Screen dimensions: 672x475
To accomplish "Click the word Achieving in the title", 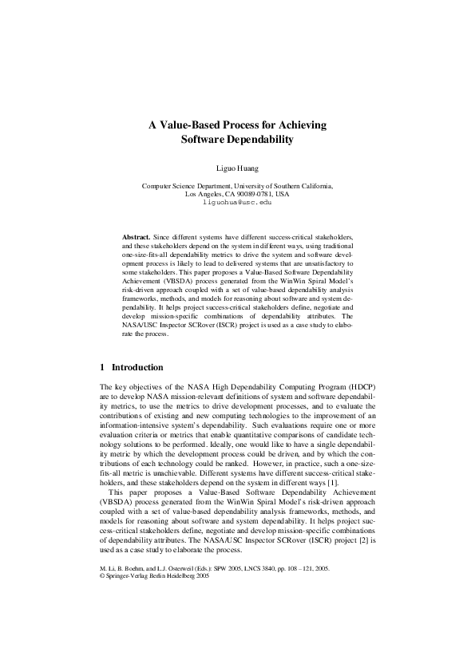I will click(295, 125).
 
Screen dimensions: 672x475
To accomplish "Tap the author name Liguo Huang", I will click(237, 168).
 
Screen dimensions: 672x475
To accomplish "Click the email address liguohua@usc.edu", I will click(237, 203).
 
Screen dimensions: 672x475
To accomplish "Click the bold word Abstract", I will click(135, 238).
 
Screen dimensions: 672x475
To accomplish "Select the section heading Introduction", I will click(137, 368).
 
